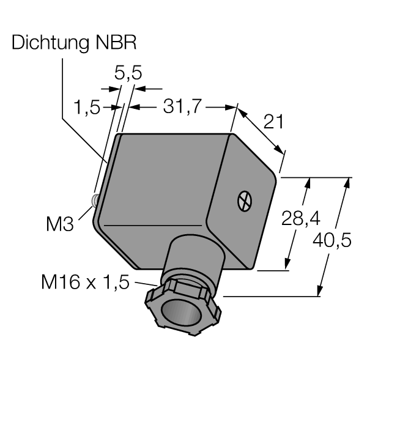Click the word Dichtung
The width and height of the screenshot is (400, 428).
click(51, 43)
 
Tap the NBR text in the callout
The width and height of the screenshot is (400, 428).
click(116, 42)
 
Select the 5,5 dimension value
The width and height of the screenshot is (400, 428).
click(128, 73)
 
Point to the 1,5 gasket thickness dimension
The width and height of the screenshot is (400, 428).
click(87, 107)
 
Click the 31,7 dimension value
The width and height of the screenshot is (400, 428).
click(182, 106)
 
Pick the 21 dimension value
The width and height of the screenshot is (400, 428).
click(273, 122)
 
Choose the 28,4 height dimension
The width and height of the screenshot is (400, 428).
click(300, 219)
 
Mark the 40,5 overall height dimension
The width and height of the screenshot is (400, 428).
click(331, 240)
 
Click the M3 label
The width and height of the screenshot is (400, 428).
click(60, 224)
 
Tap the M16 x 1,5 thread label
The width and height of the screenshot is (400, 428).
click(85, 282)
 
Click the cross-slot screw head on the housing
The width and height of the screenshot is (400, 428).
click(245, 201)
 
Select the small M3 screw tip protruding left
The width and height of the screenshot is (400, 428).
click(95, 201)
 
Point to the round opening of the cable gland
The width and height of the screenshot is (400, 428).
click(181, 311)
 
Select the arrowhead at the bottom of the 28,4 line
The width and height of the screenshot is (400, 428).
click(287, 264)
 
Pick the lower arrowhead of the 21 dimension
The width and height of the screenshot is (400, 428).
click(279, 150)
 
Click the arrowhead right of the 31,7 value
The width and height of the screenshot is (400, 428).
click(230, 107)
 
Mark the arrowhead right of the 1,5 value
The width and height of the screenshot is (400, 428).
click(117, 107)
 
